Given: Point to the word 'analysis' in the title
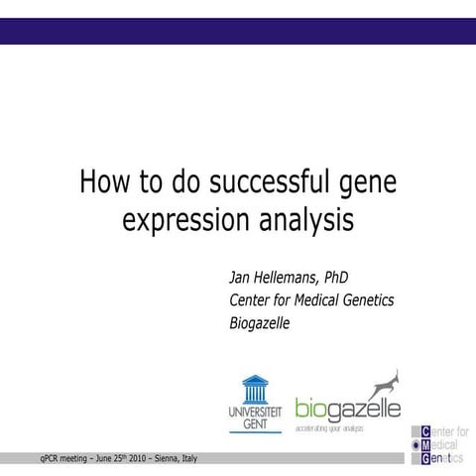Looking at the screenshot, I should click(299, 218).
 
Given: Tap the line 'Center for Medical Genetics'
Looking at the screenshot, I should click(312, 300).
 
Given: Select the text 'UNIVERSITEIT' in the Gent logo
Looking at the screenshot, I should click(254, 411).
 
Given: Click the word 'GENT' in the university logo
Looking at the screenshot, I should click(254, 422).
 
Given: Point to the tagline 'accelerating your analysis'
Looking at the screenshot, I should click(329, 428).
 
